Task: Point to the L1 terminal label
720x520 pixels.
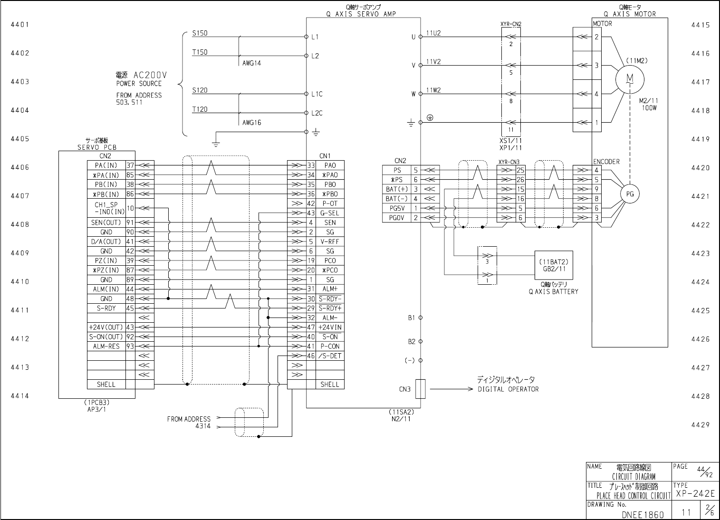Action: coord(315,37)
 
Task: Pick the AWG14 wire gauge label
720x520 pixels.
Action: coord(252,63)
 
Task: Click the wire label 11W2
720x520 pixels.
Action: coord(433,90)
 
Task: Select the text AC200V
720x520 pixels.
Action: coord(150,75)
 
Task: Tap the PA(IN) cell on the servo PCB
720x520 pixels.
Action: coord(106,165)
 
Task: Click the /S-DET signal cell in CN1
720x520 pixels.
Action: coord(330,356)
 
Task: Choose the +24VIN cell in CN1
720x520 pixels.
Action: coord(330,327)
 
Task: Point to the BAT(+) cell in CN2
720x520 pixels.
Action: coord(397,189)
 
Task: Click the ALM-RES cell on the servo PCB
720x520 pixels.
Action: coord(106,346)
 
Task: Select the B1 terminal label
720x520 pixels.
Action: coord(412,318)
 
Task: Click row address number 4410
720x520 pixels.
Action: coord(20,281)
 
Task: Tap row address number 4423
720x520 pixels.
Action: coord(701,253)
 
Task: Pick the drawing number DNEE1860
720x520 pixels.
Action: coord(643,515)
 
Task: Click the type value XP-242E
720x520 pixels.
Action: coord(695,493)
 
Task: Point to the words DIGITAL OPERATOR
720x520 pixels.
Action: coord(508,389)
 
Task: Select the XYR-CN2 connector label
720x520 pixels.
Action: coord(511,24)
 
